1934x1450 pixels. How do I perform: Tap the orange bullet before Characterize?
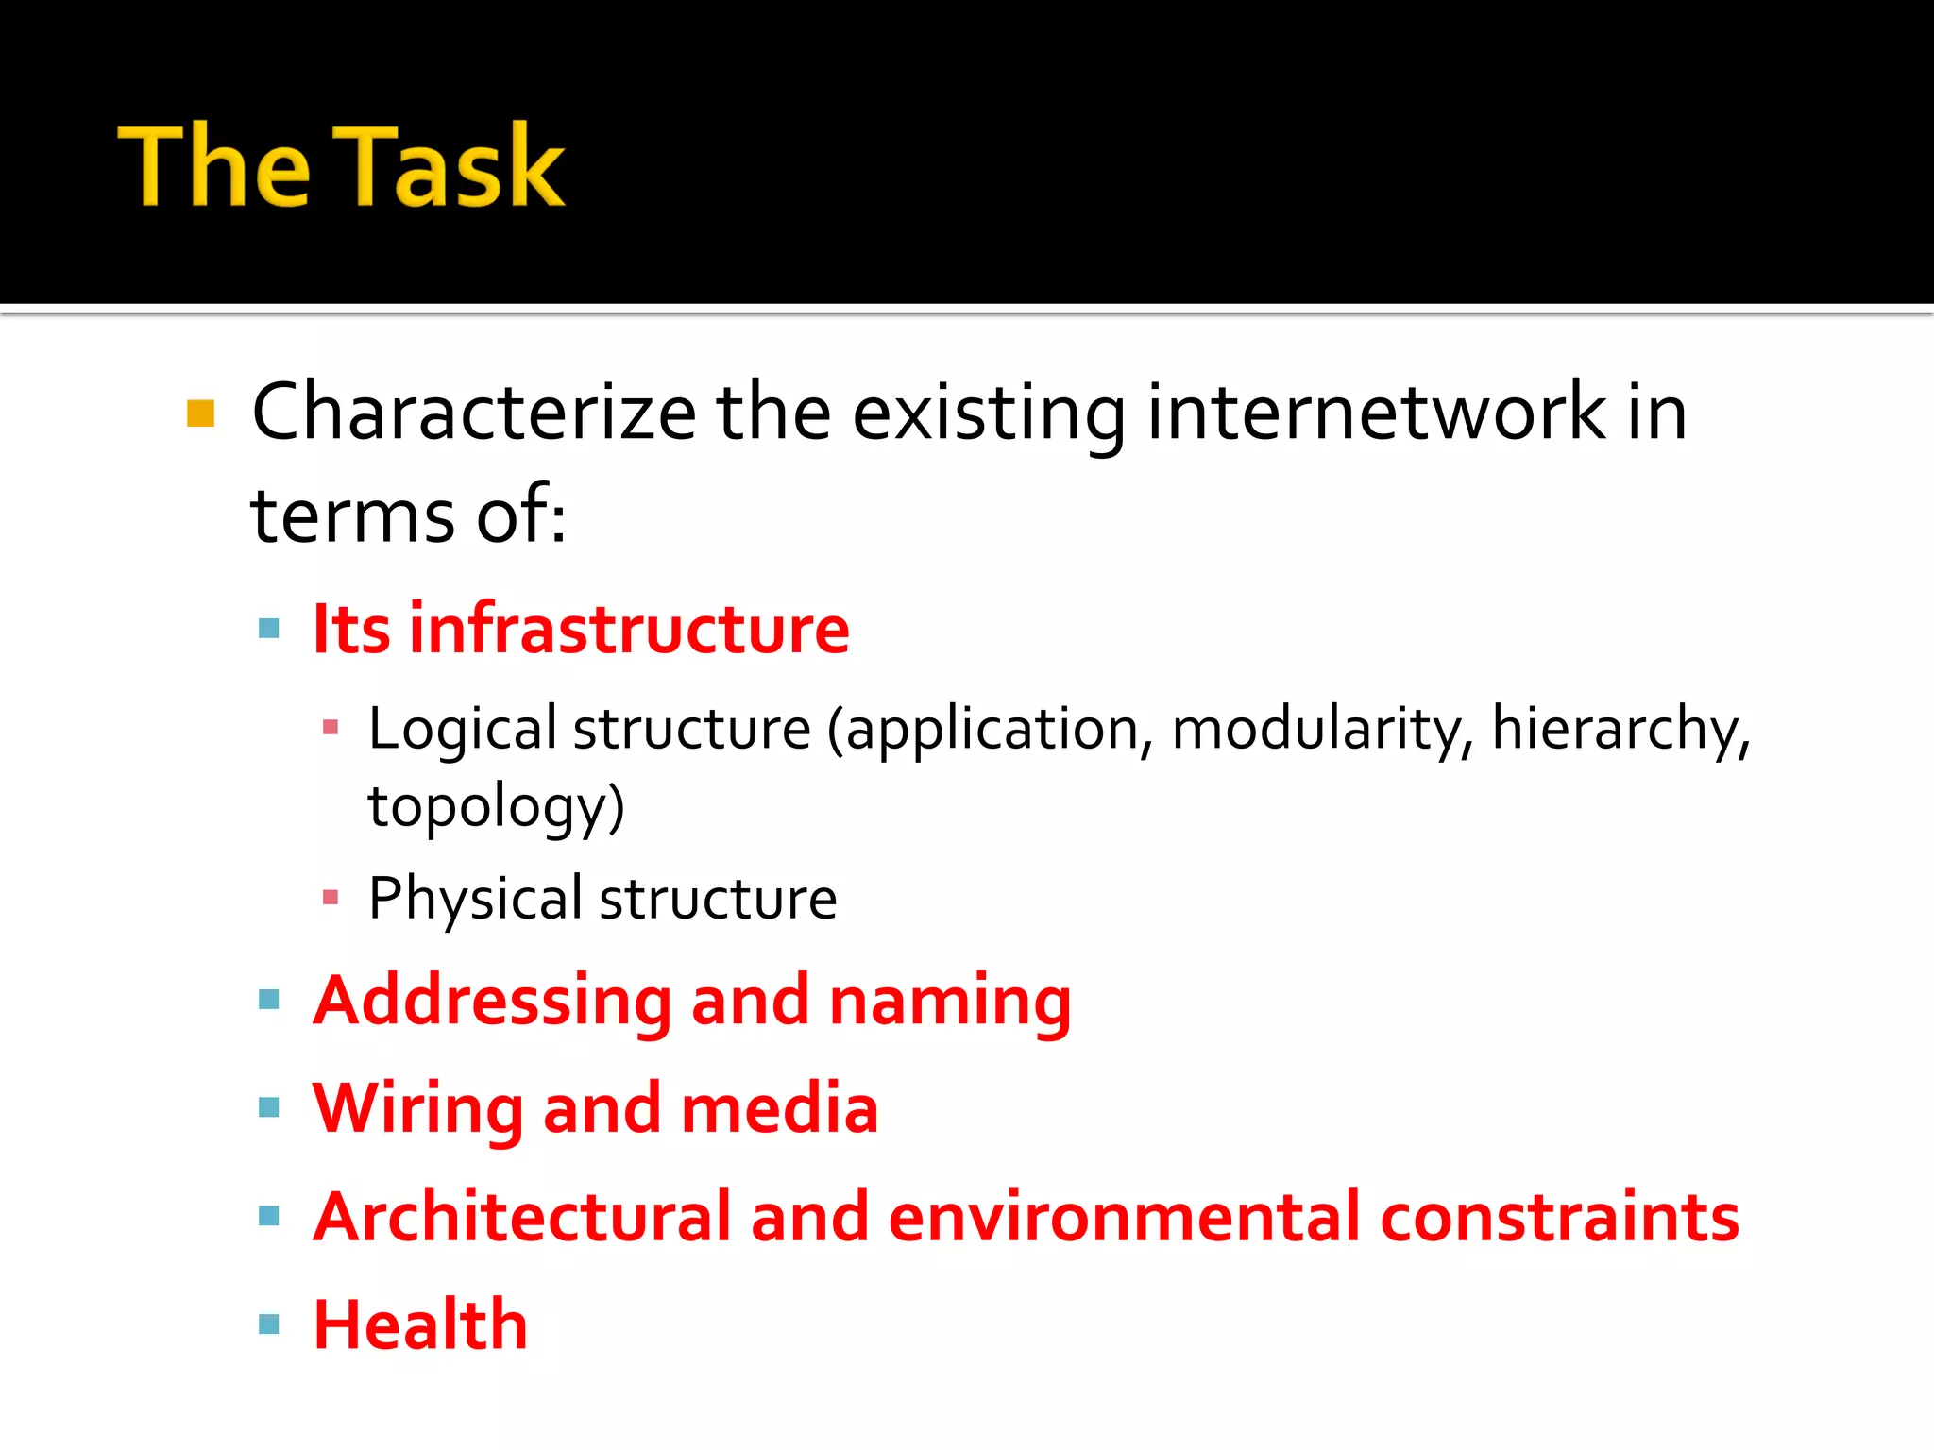201,413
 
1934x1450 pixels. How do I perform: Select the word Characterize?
474,413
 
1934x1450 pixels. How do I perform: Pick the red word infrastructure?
629,629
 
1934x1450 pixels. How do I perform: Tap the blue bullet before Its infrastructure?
269,629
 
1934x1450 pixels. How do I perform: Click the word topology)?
497,808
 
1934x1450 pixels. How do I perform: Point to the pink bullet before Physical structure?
331,897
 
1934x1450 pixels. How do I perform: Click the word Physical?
475,899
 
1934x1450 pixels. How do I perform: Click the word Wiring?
418,1109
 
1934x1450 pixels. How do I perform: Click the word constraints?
1559,1217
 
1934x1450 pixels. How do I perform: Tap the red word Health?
420,1324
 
